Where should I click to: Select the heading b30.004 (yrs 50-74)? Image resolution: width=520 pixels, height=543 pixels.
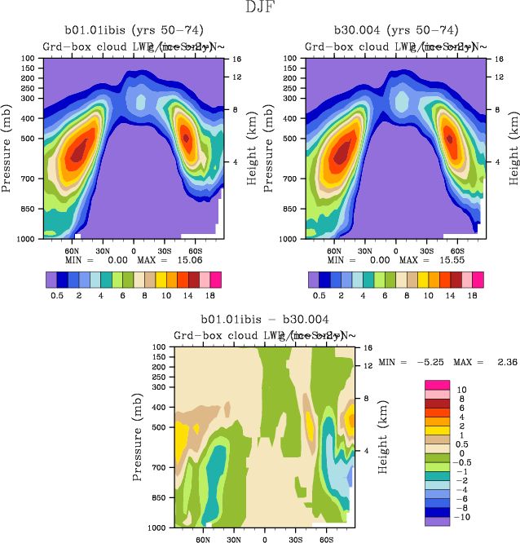(x=398, y=30)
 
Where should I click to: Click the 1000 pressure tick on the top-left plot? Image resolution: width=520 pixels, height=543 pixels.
(x=28, y=239)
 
